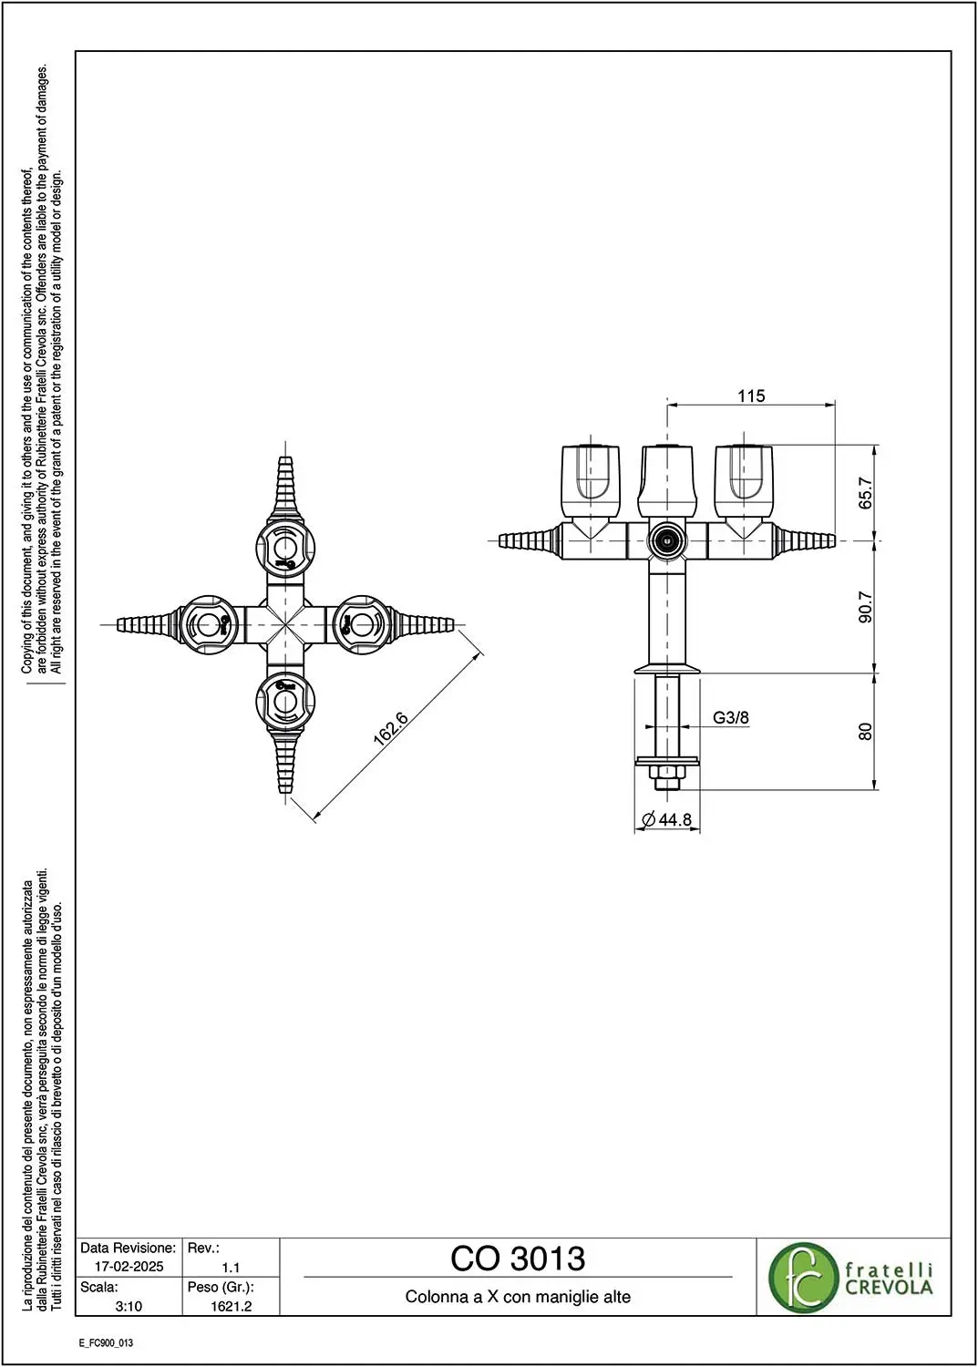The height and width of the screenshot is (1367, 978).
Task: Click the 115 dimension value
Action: [751, 396]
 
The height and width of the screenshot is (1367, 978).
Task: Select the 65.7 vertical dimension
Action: [866, 493]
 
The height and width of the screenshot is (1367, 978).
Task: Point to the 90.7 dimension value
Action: [866, 607]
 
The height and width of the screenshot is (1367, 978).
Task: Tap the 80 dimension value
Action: [866, 731]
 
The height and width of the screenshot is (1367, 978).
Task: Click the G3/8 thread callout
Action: [731, 718]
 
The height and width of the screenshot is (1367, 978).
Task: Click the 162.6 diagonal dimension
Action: [390, 728]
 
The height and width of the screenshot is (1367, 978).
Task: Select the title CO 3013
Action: [518, 1259]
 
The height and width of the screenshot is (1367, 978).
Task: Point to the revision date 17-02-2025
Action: [129, 1267]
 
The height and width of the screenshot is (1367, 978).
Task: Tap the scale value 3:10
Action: [129, 1306]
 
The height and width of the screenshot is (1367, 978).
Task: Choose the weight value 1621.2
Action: [231, 1306]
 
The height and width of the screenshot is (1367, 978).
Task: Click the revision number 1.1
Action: [231, 1267]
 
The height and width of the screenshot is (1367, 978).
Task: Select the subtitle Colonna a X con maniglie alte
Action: [518, 1296]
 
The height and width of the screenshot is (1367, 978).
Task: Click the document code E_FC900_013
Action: [107, 1343]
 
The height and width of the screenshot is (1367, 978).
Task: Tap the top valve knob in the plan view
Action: [285, 545]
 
